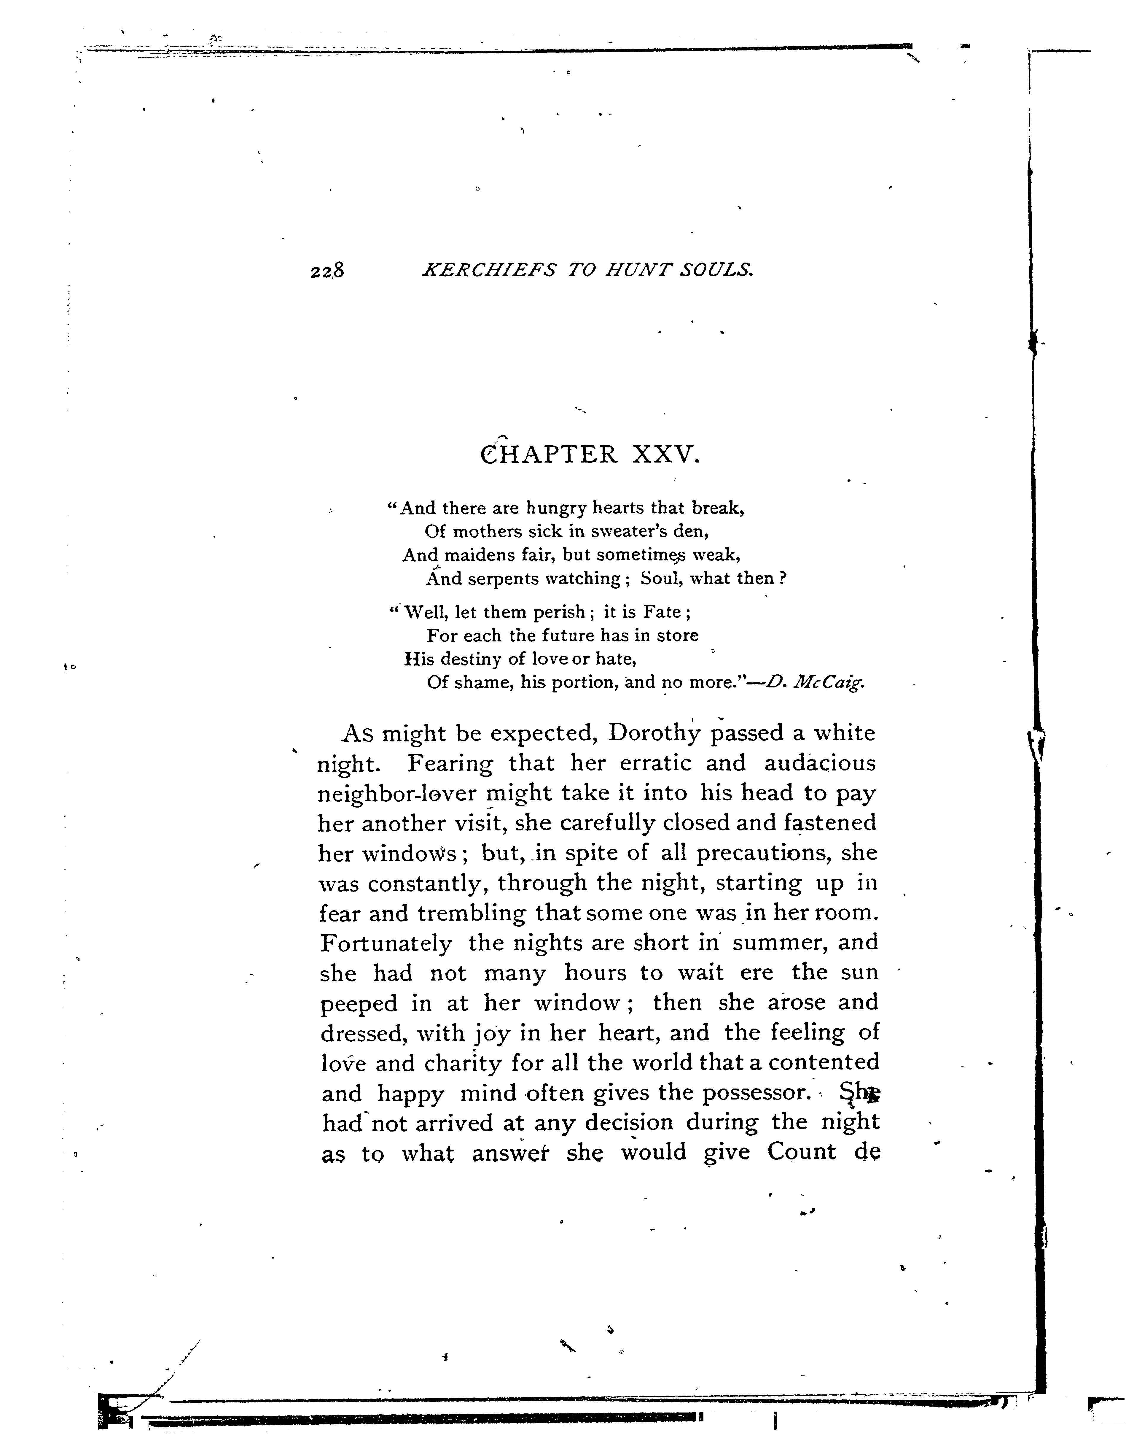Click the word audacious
point(820,764)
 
